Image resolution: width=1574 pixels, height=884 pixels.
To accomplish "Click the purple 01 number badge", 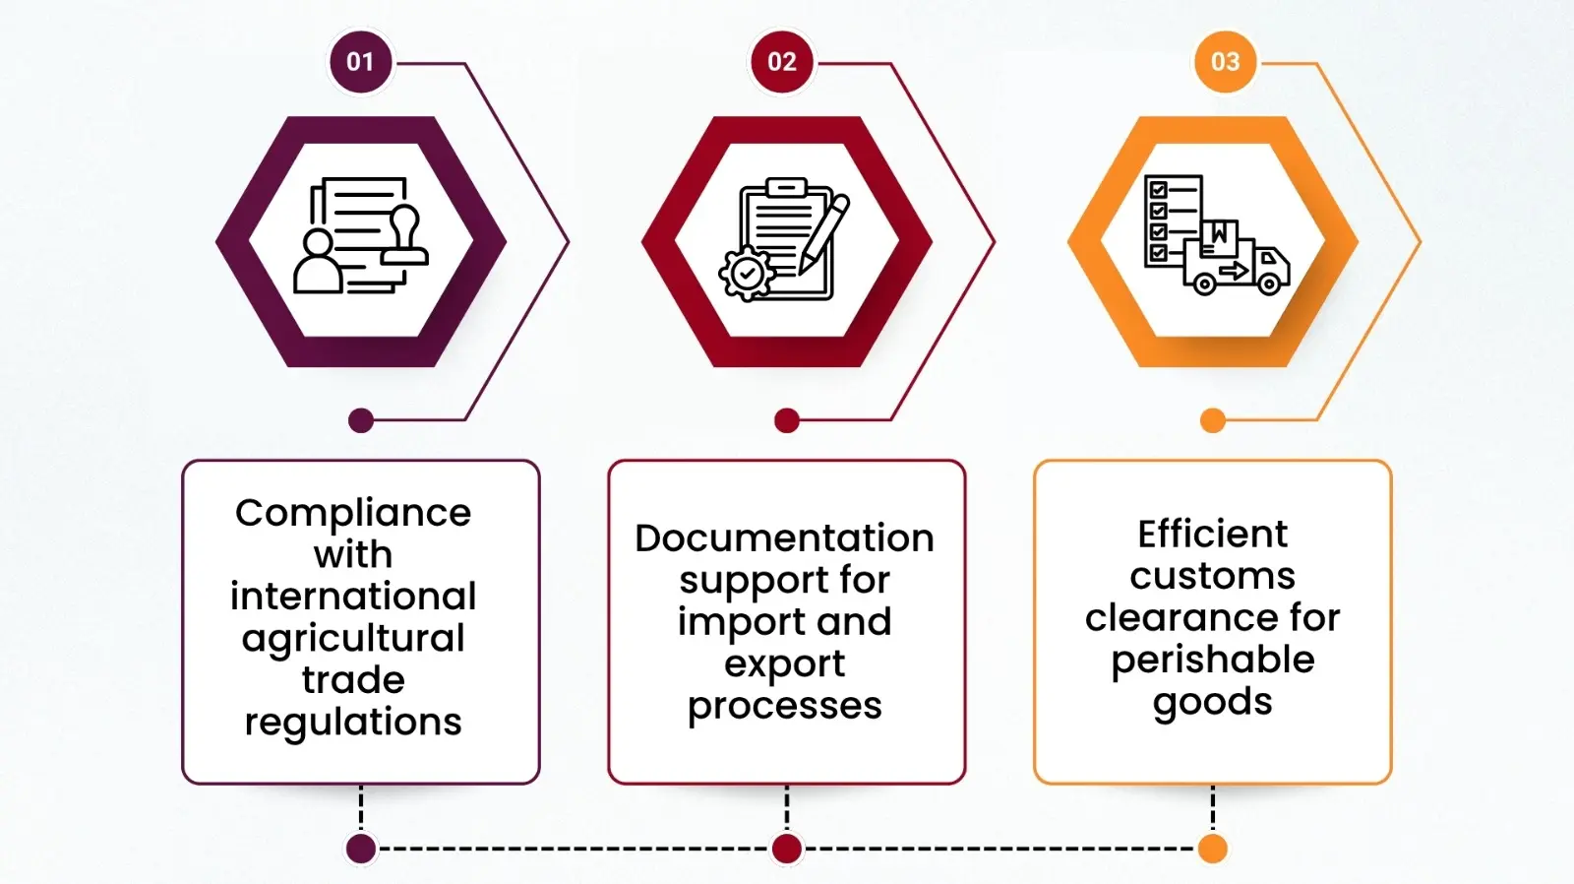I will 360,62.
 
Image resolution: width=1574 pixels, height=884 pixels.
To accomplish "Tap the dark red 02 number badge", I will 782,62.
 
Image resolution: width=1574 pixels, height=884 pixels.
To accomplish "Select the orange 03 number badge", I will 1225,62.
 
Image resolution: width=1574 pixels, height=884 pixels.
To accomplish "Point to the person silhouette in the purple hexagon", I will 318,264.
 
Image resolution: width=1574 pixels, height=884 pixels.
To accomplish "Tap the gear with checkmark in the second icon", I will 747,273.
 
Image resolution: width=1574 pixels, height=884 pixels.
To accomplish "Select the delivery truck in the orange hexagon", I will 1238,266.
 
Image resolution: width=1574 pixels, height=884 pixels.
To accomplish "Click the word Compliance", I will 353,513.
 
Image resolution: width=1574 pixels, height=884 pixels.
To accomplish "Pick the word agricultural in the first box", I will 353,639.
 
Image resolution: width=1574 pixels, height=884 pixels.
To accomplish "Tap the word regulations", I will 353,723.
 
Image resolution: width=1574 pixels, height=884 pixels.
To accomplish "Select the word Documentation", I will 784,538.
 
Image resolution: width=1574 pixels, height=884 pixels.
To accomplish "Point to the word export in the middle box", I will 784,664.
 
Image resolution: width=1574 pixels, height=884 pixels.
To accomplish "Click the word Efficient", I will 1212,535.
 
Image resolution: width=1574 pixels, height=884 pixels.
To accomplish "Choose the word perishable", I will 1212,660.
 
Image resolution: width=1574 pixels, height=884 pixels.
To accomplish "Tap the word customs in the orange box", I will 1212,576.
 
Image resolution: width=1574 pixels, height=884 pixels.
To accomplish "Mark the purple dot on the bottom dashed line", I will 361,849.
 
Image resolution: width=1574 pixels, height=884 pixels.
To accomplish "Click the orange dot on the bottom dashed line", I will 1213,849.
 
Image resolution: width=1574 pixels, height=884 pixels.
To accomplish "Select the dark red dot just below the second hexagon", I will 787,421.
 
